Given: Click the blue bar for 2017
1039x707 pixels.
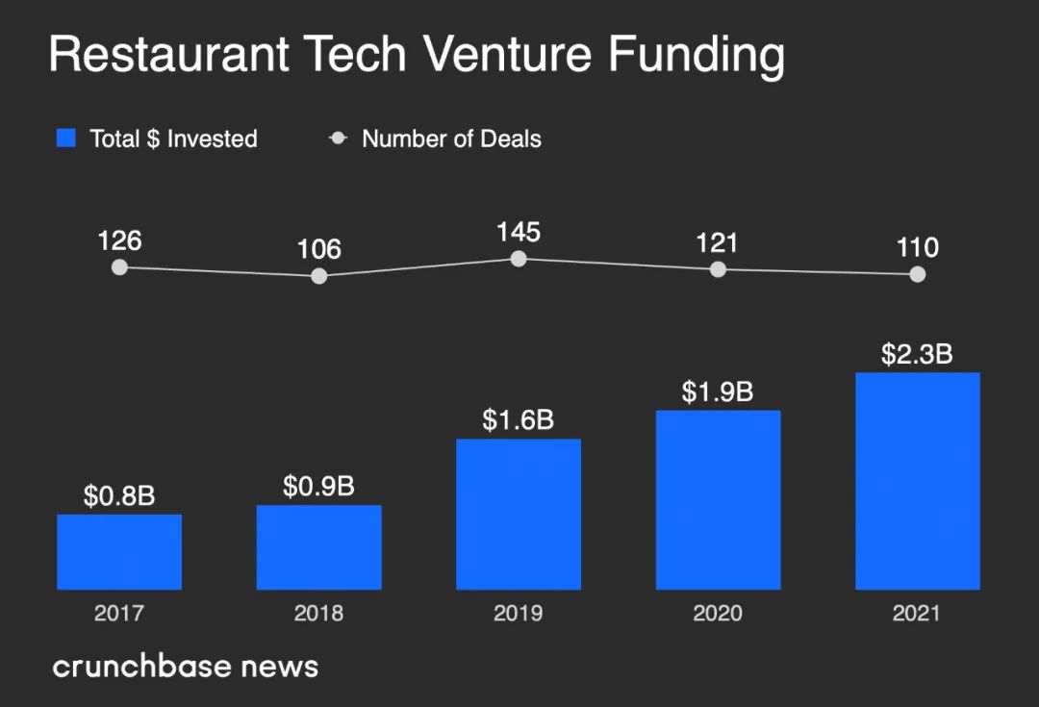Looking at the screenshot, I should (x=119, y=551).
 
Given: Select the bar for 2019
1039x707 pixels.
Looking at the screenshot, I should (x=519, y=514).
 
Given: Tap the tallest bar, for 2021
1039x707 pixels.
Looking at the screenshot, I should (x=918, y=480).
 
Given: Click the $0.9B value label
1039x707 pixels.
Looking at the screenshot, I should (x=318, y=487).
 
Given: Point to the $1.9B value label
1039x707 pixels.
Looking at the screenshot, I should (x=718, y=392).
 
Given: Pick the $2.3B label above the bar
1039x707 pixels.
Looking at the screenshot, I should (x=917, y=354).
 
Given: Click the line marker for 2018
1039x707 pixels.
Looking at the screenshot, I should (x=319, y=276).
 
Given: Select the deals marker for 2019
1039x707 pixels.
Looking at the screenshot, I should (x=519, y=259).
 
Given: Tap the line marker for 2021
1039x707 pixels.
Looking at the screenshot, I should (x=918, y=274).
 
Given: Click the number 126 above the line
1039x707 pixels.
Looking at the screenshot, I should (x=119, y=240).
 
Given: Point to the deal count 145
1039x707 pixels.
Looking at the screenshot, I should (x=519, y=232).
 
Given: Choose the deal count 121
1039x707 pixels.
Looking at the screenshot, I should (x=718, y=242).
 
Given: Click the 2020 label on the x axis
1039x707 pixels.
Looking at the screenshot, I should (x=718, y=613).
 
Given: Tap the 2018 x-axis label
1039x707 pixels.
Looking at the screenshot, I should (x=318, y=613).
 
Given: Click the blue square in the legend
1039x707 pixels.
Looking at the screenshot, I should (x=66, y=139).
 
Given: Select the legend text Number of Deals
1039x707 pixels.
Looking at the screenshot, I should (x=451, y=139).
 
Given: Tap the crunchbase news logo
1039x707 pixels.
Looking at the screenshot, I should (x=185, y=666).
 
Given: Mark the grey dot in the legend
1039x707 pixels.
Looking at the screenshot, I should (x=338, y=139).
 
